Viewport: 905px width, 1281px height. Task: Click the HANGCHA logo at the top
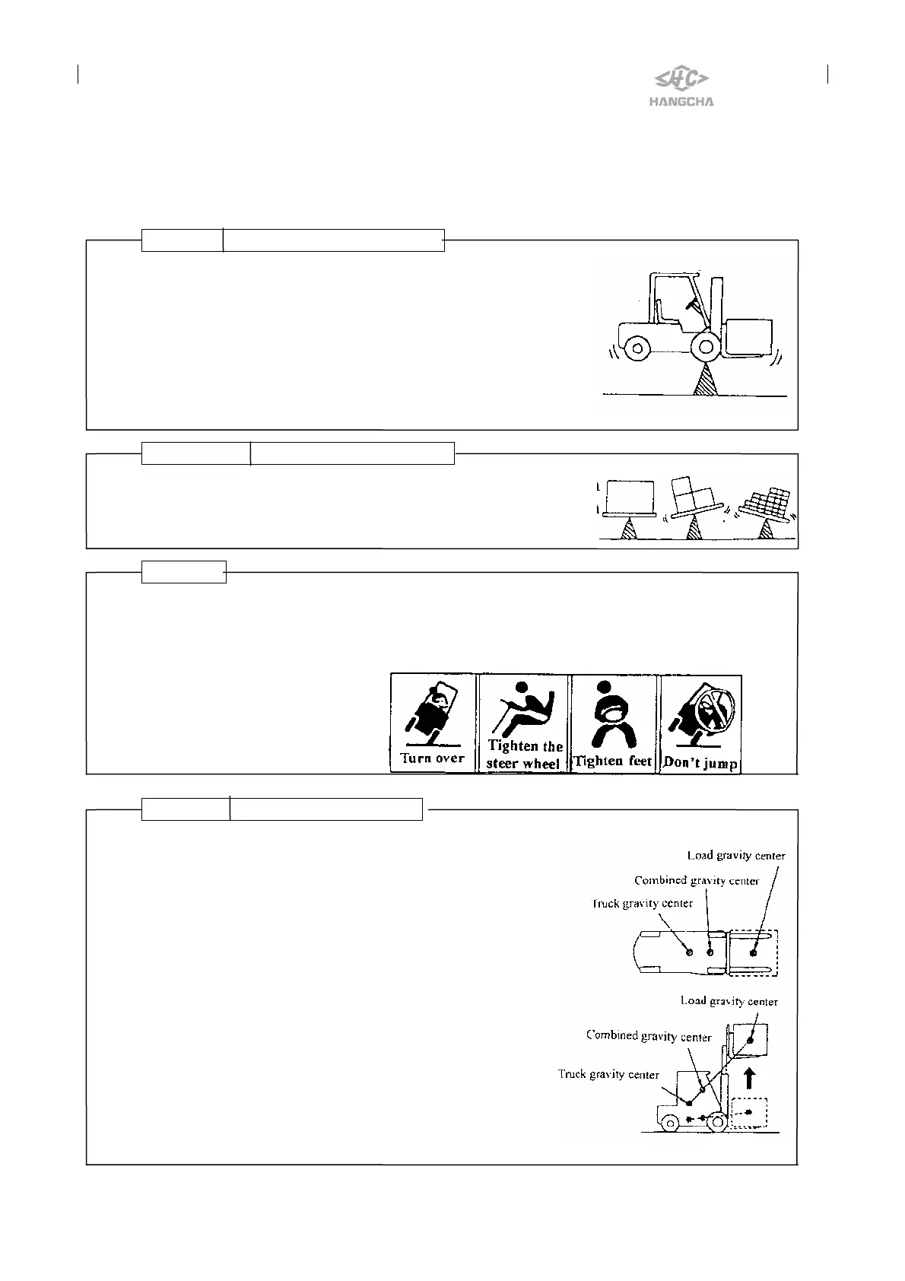coord(682,87)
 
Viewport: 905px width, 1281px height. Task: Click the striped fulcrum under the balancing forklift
coord(707,378)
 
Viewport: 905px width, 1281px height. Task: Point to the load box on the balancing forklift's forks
coord(749,335)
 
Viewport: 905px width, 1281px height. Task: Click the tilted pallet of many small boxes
coord(769,504)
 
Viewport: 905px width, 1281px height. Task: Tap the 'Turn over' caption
coord(432,758)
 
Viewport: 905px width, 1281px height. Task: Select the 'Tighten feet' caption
coord(613,761)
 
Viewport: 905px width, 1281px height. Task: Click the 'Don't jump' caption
coord(700,762)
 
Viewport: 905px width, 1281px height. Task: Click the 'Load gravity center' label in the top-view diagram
coord(735,856)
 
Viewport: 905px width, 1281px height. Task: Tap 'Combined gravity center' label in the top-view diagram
coord(696,881)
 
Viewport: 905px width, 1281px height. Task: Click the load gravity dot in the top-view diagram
coord(754,952)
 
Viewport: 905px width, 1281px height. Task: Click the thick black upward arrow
coord(749,1078)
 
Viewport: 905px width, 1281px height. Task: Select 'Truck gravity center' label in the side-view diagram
coord(608,1074)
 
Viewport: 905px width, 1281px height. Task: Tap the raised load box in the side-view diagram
coord(749,1040)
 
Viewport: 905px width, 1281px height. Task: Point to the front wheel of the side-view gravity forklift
coord(715,1121)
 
